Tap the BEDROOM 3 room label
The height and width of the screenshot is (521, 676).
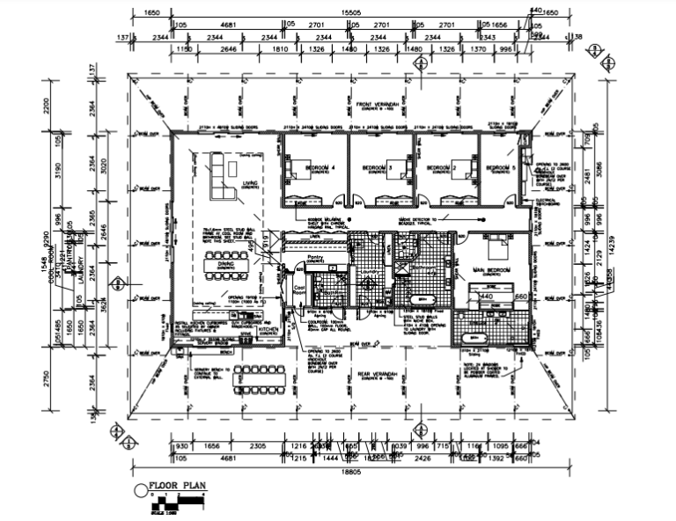pyautogui.click(x=378, y=166)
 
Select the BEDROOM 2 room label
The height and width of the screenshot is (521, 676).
pyautogui.click(x=440, y=166)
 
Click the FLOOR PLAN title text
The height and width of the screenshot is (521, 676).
pyautogui.click(x=176, y=484)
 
